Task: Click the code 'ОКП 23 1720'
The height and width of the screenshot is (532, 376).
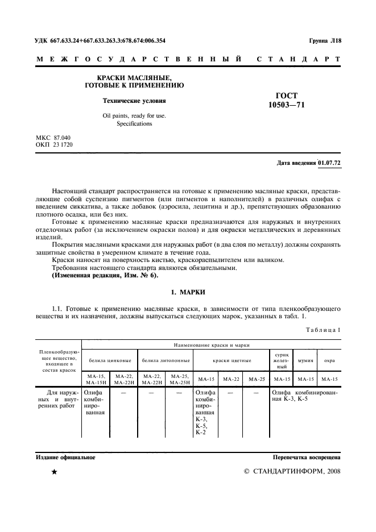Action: tap(54, 145)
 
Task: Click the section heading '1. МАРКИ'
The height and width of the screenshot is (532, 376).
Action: tap(188, 292)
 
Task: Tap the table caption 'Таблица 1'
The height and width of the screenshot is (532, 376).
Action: tap(323, 330)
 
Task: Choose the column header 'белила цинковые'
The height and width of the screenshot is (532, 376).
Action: tap(109, 360)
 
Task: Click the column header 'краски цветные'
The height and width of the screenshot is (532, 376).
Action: tap(230, 360)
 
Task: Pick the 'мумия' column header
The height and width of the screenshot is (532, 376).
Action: tap(305, 360)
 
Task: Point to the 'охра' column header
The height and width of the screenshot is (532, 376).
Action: tap(329, 360)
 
